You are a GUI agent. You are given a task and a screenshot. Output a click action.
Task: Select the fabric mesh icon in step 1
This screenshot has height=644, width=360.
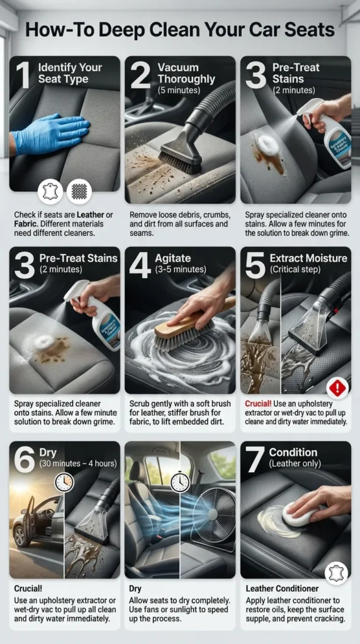point(79,191)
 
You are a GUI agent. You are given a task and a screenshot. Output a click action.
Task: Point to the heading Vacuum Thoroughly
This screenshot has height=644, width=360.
point(187,74)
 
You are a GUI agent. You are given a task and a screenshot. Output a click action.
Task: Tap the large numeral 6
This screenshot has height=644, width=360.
point(24,460)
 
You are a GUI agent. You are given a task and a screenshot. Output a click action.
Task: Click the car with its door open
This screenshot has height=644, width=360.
point(38,518)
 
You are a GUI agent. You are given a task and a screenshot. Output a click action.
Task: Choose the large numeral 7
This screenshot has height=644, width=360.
point(254,460)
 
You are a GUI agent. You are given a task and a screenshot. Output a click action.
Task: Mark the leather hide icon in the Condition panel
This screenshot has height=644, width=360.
point(337,573)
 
